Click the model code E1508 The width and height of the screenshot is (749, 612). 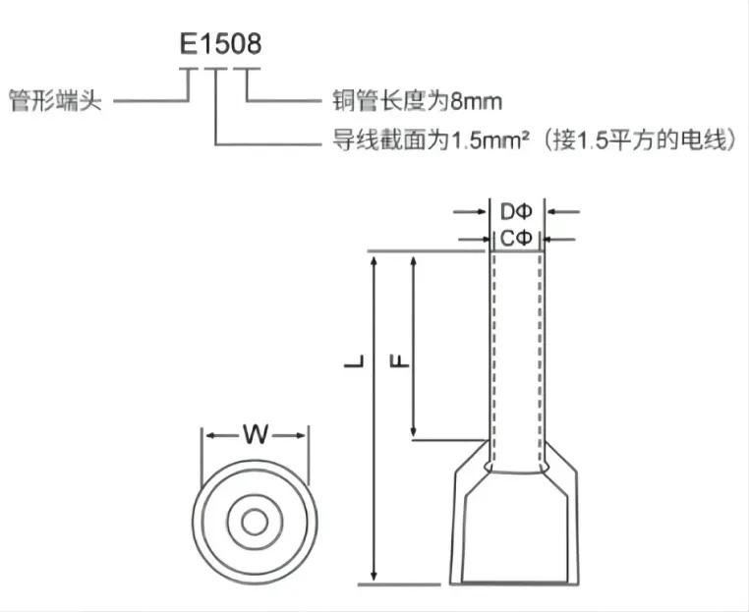pos(221,43)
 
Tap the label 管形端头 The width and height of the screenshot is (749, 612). pos(56,101)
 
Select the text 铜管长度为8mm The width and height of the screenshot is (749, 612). pos(417,101)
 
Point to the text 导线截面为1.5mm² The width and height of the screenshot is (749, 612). pos(431,140)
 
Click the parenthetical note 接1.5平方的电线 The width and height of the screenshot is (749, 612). pos(641,140)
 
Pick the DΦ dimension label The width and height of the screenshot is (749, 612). pos(516,211)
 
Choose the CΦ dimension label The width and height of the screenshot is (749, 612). pos(516,238)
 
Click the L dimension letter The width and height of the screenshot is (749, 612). pos(354,362)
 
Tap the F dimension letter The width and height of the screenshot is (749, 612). pos(400,361)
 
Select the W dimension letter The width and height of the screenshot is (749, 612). pos(256,434)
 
